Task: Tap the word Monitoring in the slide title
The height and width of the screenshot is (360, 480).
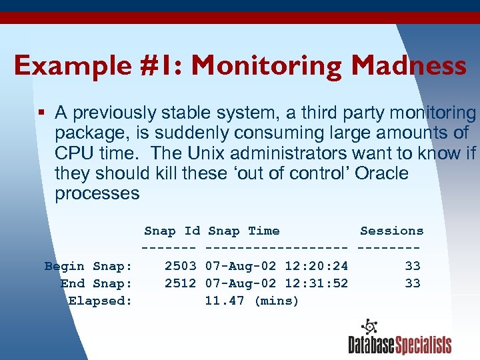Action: coord(267,66)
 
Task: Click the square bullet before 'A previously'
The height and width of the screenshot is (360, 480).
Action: coord(42,113)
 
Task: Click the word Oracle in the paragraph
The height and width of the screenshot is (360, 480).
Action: coord(381,173)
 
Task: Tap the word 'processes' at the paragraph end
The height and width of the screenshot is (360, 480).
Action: coord(97,194)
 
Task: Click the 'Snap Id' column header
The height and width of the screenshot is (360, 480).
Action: coord(171,231)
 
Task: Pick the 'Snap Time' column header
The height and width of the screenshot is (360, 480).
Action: coord(243,231)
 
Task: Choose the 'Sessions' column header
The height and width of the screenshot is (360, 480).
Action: coord(391,231)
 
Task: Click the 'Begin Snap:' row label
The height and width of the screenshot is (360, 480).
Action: coord(88,266)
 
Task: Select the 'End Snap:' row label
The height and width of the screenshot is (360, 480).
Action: coord(96,283)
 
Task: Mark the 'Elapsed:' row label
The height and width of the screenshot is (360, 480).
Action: coord(100,301)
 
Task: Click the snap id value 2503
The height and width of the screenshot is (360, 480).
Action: coord(180,266)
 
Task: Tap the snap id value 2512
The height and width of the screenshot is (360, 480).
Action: coord(180,283)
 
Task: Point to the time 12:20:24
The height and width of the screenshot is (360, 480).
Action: coord(316,266)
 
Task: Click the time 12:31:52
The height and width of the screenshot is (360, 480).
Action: coord(316,283)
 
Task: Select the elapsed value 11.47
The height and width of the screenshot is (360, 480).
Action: coord(224,301)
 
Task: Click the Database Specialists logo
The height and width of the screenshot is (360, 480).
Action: coord(399,337)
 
